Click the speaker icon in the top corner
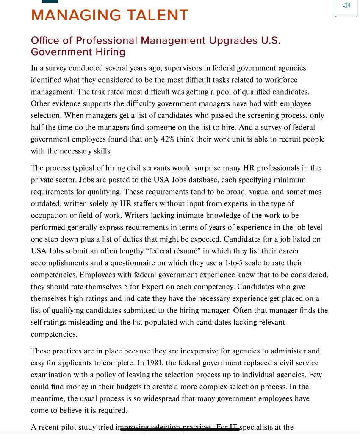(346, 6)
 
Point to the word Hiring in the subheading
(111, 52)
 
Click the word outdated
(47, 203)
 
